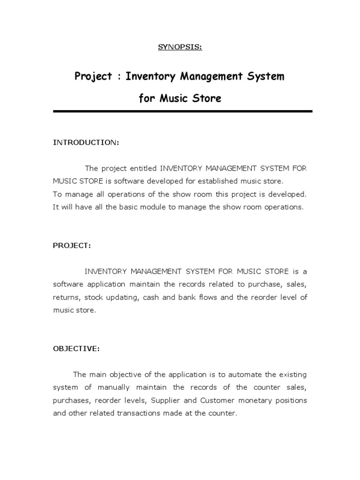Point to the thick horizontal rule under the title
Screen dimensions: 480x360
click(182, 111)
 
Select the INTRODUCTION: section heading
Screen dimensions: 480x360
click(86, 142)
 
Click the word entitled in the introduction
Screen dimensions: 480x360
click(143, 168)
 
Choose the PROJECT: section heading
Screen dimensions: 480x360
click(72, 246)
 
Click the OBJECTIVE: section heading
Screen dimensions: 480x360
click(76, 349)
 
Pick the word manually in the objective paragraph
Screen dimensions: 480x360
click(116, 387)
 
